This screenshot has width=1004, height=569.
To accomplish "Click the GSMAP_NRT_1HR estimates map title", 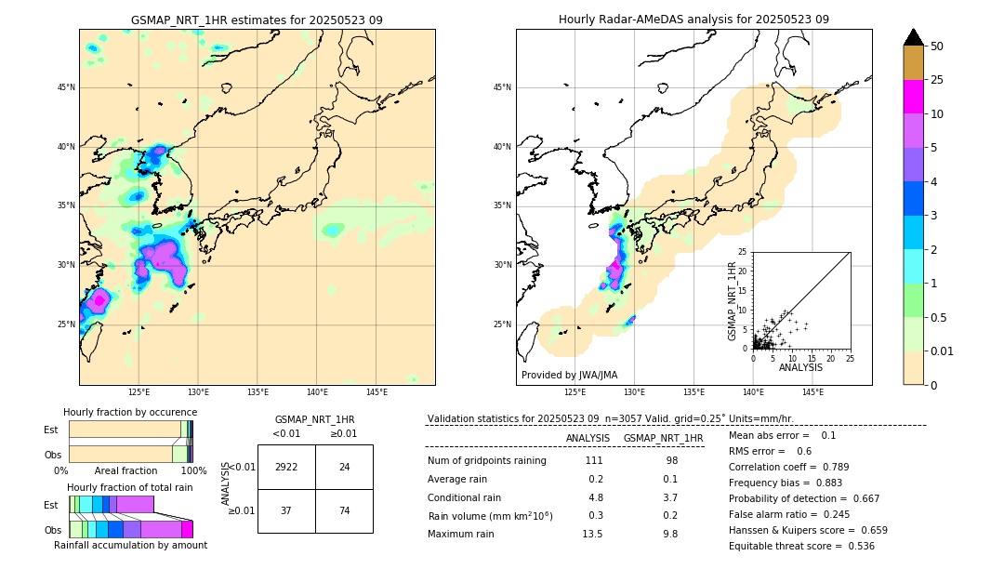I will pos(257,20).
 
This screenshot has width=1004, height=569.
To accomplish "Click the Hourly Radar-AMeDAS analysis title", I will pos(694,20).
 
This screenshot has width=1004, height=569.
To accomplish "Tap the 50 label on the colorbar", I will pos(937,46).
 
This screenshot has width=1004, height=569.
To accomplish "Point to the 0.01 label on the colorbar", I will pos(943,351).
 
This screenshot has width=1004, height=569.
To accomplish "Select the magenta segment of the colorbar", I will pos(913,97).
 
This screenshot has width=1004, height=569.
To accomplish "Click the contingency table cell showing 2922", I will pos(286,467).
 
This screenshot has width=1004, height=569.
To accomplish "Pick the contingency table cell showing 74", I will pos(344,510).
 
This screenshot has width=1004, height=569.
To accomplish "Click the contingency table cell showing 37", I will pos(286,510).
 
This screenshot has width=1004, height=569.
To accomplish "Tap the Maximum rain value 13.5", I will pos(591,534).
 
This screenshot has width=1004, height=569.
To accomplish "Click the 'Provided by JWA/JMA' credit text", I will pos(569,375).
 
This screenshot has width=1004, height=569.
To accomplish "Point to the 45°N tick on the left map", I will pos(66,87).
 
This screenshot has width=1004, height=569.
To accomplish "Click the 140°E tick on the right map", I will pos(753,392).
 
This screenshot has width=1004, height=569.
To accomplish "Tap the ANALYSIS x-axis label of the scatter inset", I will pos(800,367).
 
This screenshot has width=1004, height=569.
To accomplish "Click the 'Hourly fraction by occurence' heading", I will pos(130,412).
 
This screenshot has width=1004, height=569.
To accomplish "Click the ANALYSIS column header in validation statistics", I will pos(588,438).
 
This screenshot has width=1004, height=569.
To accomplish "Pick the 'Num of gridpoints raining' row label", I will pos(486,461).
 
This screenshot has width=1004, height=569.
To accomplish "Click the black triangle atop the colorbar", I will pos(913,37).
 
